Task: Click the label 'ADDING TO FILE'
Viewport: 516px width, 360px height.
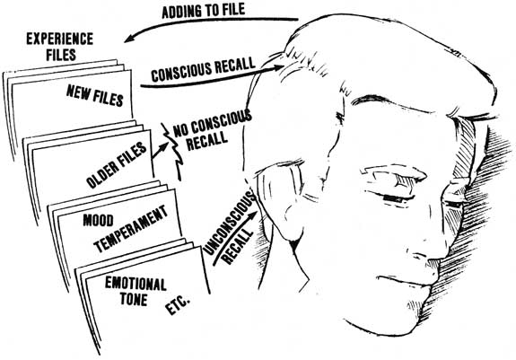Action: click(x=204, y=11)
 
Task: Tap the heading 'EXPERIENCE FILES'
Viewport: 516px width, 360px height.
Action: click(x=60, y=47)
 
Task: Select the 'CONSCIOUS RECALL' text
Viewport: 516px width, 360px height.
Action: click(x=203, y=70)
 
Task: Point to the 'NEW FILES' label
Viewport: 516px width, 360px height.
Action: click(x=95, y=95)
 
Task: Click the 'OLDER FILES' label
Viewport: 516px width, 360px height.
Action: click(x=116, y=165)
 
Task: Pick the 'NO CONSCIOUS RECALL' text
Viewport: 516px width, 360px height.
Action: click(x=212, y=130)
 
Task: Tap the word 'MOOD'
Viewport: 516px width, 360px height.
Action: click(x=98, y=221)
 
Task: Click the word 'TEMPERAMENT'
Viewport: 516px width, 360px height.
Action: click(x=131, y=228)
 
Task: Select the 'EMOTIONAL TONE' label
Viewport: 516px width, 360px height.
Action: click(x=136, y=291)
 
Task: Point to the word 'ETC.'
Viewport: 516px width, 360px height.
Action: click(x=178, y=306)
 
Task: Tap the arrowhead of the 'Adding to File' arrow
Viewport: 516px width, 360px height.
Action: click(x=129, y=39)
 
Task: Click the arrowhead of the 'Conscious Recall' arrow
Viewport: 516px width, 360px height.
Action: click(x=277, y=68)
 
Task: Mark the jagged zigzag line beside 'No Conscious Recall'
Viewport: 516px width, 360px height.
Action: click(x=174, y=152)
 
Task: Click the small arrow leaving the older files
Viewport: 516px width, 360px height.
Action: click(x=159, y=151)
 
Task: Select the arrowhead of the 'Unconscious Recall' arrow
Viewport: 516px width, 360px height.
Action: click(x=252, y=215)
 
